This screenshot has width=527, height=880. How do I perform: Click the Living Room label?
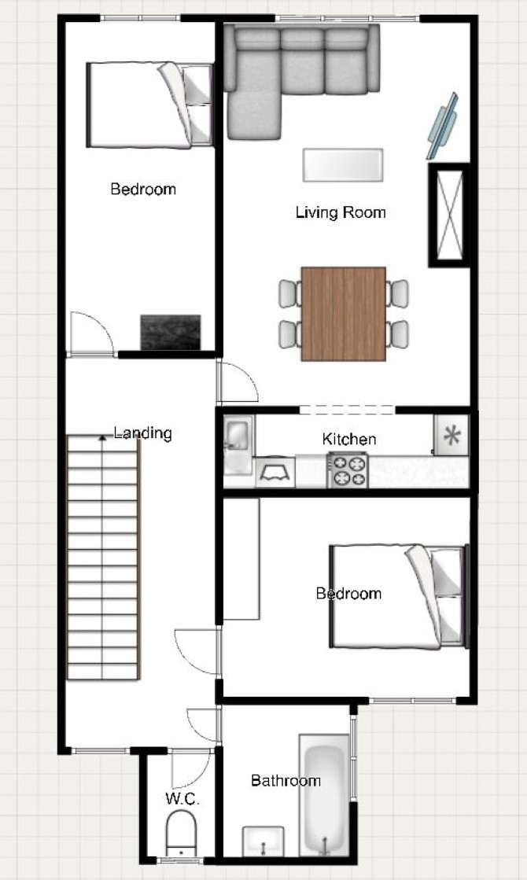[341, 212]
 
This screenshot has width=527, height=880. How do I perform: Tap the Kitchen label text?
[349, 439]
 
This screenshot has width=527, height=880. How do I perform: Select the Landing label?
[142, 433]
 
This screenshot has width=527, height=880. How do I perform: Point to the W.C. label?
[182, 799]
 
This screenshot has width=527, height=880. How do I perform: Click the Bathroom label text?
[286, 781]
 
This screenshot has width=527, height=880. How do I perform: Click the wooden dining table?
[344, 314]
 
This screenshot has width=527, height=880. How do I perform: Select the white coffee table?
[343, 165]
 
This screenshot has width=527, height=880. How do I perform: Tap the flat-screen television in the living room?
[443, 127]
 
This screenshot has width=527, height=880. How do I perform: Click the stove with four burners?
[348, 470]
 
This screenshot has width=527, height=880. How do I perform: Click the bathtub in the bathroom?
[324, 795]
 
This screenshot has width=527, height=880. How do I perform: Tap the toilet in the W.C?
[182, 834]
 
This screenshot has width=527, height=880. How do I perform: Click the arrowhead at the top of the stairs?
[102, 437]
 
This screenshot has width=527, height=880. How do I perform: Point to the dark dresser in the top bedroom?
[170, 332]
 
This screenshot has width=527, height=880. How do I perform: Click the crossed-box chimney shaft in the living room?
[450, 215]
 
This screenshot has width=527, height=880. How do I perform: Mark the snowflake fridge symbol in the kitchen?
[451, 435]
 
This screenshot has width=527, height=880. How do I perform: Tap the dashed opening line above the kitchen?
[347, 409]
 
